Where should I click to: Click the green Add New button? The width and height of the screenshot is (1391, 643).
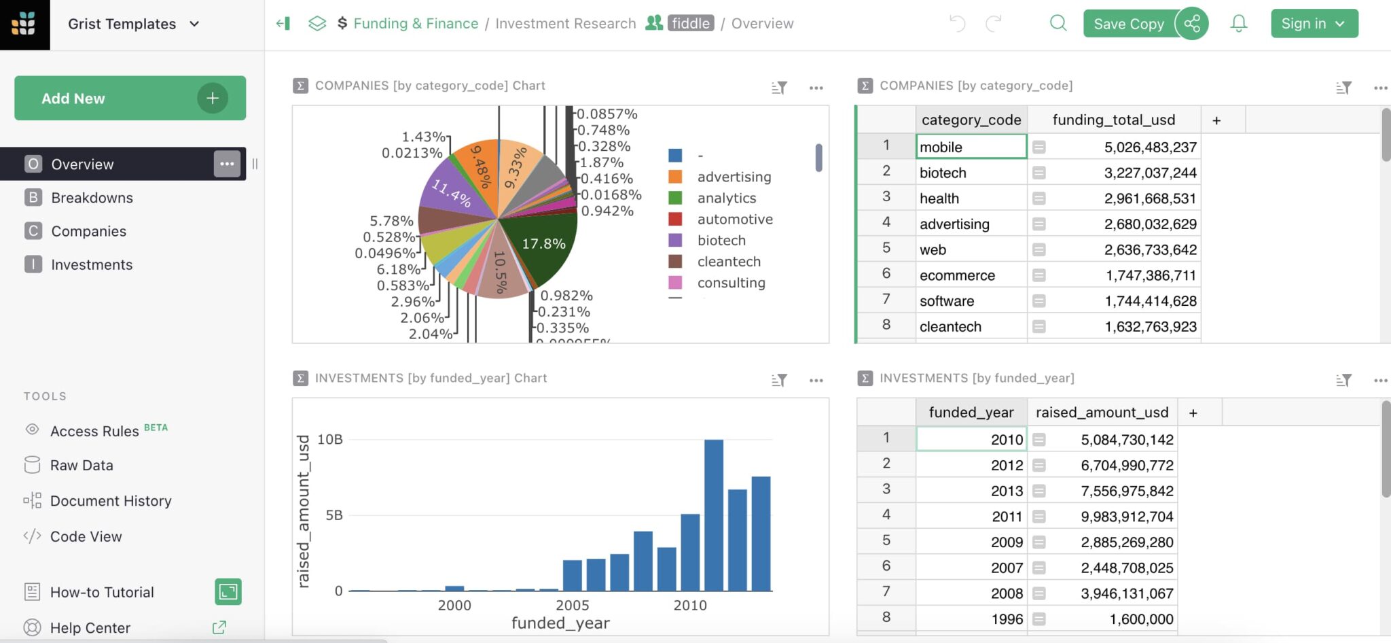130,99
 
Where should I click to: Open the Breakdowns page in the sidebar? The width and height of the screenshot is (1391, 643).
92,198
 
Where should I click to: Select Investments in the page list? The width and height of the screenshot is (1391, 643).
92,264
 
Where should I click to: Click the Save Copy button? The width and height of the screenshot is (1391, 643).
1128,24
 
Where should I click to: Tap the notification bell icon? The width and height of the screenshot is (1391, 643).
1239,24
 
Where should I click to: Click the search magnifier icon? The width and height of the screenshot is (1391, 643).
1058,24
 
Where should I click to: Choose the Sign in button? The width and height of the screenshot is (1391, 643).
1314,24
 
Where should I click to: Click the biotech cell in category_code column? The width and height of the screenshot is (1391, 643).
971,173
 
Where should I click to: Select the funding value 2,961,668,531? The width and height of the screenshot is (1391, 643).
1150,198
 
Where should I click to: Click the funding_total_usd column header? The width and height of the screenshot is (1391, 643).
1113,120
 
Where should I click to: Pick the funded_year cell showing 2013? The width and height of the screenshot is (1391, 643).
971,491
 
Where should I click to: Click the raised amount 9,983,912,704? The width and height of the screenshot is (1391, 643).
1127,517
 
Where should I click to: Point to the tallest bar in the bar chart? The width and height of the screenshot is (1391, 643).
714,515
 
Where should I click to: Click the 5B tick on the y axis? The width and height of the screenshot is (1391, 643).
334,515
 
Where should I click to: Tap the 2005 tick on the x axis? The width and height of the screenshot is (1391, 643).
572,605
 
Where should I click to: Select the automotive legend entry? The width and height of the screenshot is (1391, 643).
734,220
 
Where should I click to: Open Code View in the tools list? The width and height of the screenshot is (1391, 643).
86,536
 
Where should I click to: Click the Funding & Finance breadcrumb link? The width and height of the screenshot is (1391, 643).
416,24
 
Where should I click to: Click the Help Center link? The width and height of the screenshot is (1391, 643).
90,628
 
